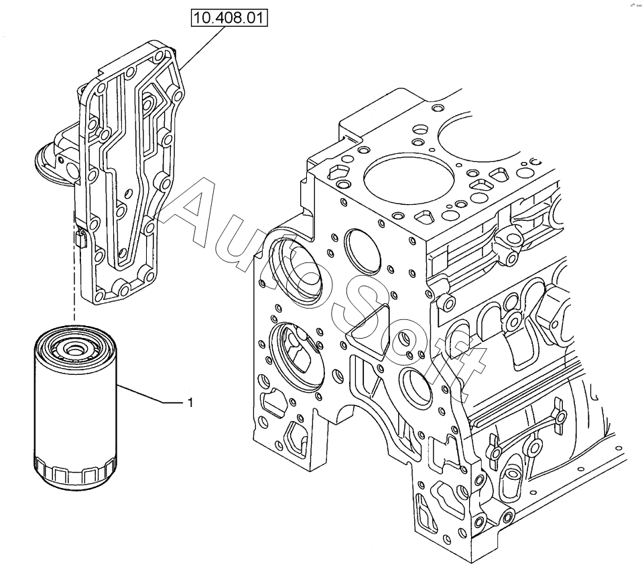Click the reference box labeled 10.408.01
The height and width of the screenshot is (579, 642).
(229, 18)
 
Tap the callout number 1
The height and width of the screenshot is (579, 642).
(190, 403)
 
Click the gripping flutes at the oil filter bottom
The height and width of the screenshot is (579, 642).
(75, 473)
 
